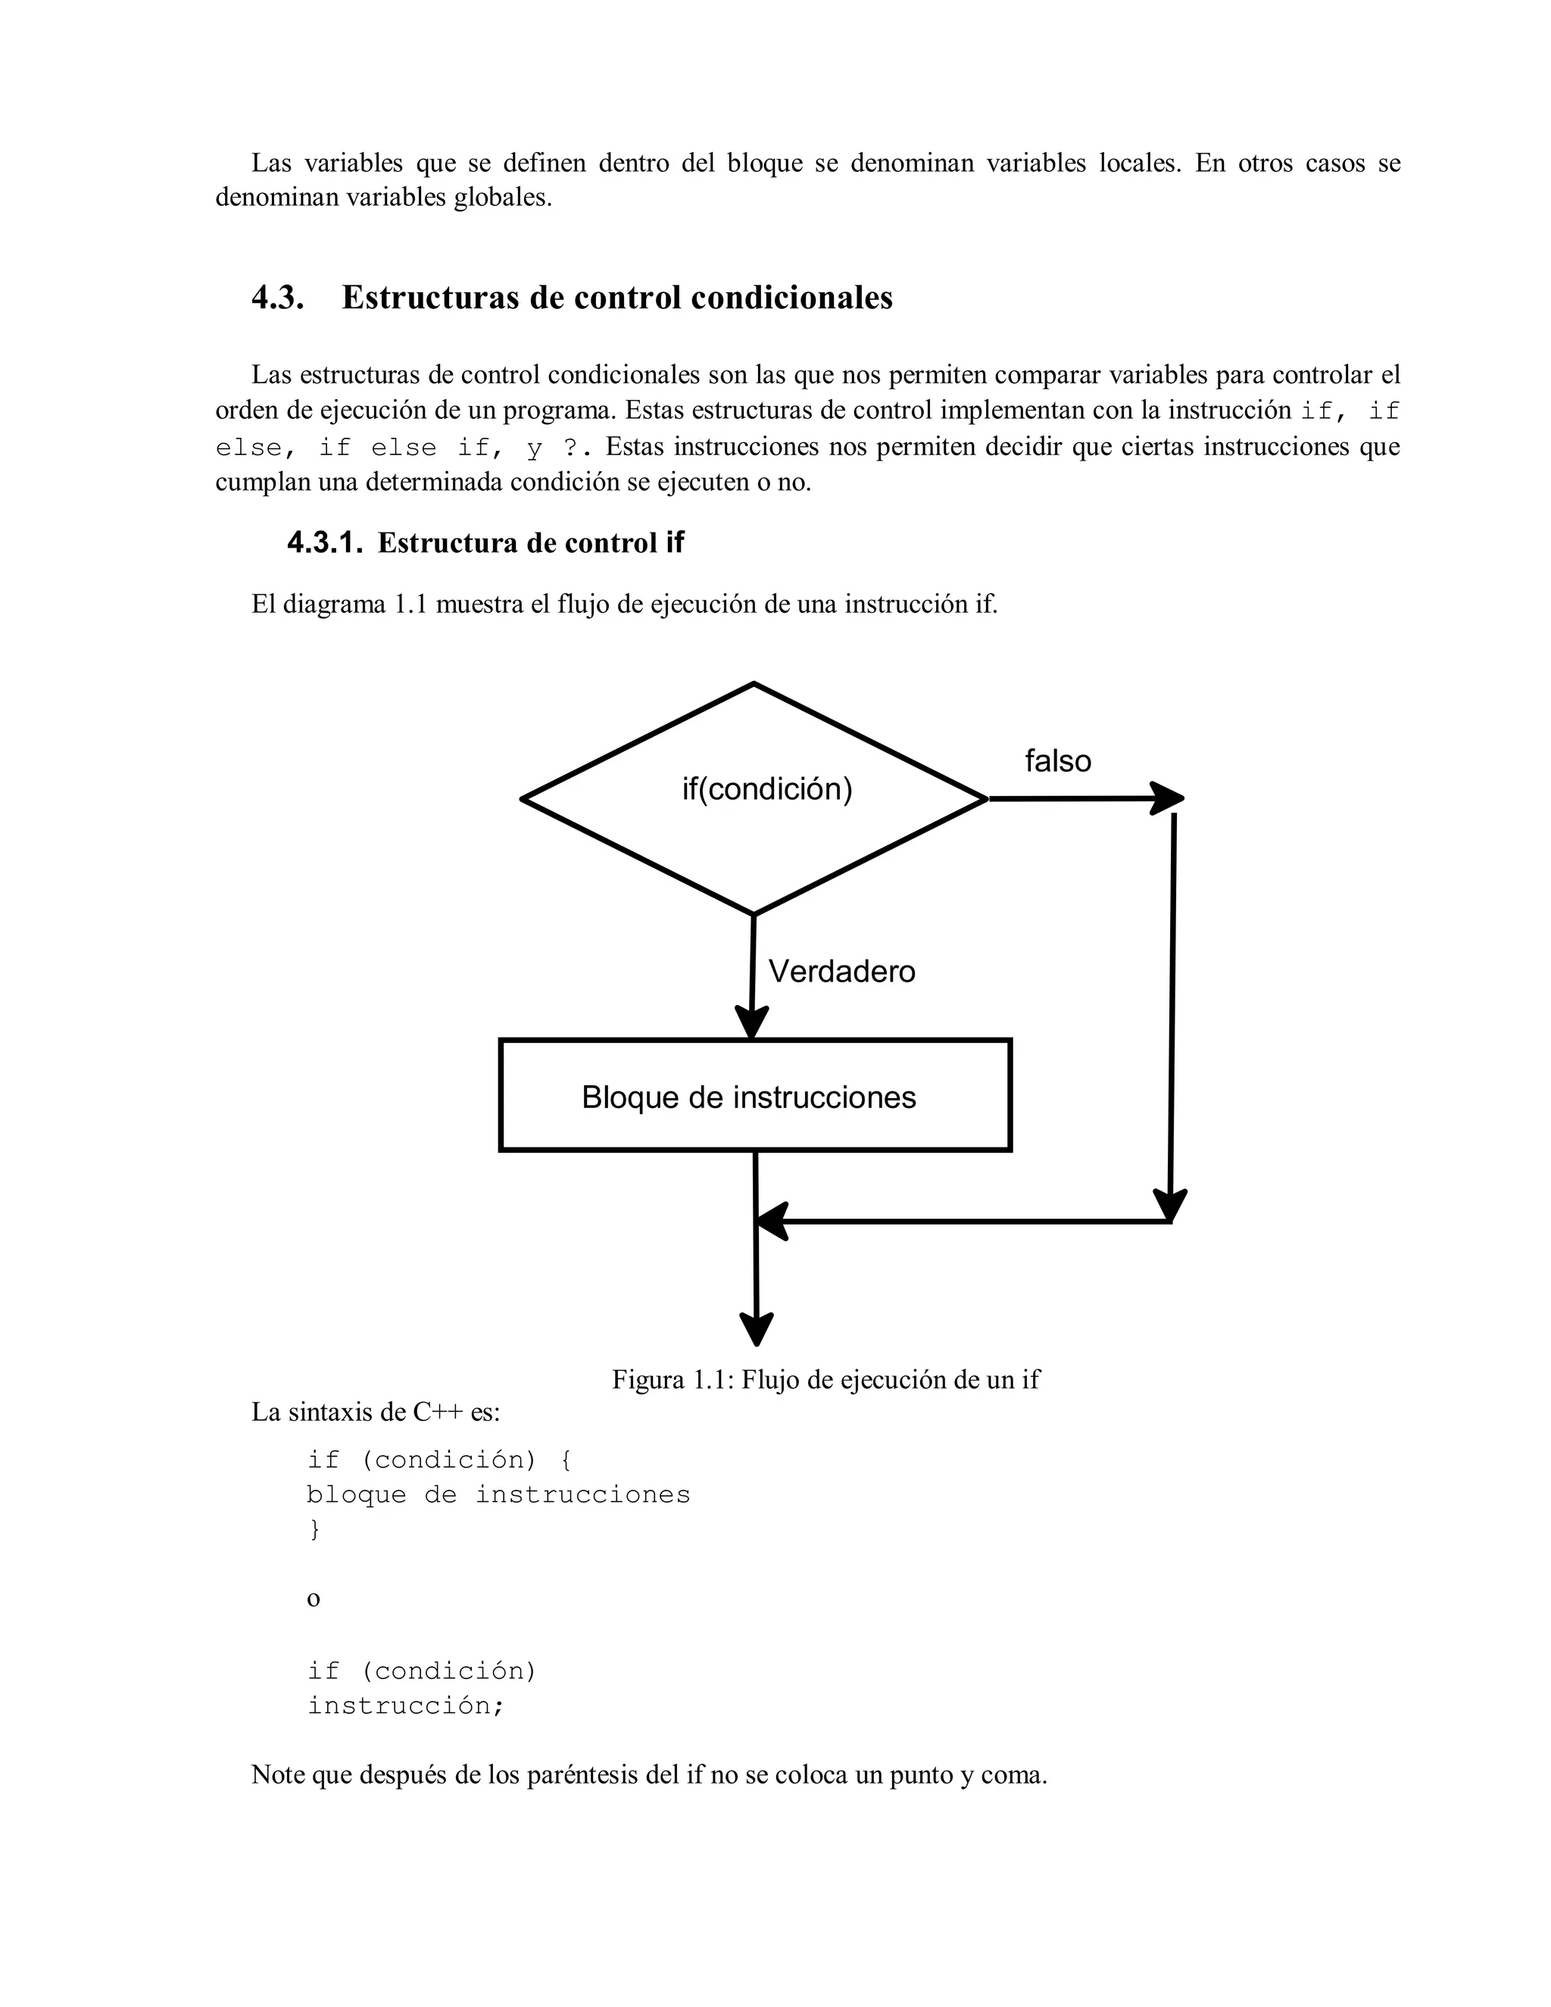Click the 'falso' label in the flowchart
(1057, 761)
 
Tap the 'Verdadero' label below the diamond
(841, 972)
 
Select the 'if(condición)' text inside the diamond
(767, 788)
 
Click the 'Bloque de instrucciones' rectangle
(754, 1095)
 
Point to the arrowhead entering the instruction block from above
(751, 1022)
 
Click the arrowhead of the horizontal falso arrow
(1167, 797)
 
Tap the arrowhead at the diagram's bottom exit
(757, 1329)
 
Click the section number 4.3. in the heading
(277, 298)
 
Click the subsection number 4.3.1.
(325, 543)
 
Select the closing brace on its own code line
(314, 1528)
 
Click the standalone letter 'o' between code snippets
(314, 1599)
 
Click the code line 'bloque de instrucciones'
(498, 1494)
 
